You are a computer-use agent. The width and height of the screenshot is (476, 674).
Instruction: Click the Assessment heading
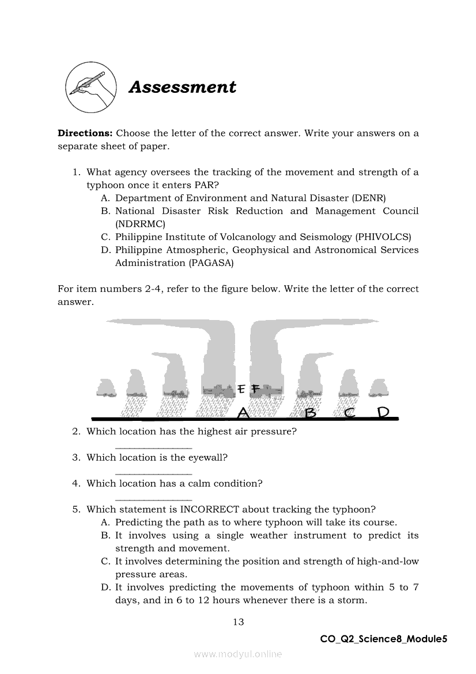[x=182, y=87]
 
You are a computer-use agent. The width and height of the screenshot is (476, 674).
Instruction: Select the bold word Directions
[x=85, y=133]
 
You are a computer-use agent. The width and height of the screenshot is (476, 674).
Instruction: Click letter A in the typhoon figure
[x=243, y=412]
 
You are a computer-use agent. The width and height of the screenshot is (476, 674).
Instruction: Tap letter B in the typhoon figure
[x=311, y=412]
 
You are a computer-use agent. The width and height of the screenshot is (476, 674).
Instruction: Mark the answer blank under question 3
[x=153, y=473]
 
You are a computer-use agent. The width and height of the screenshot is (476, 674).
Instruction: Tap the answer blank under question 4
[x=153, y=499]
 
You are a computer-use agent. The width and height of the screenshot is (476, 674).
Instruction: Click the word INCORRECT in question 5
[x=210, y=510]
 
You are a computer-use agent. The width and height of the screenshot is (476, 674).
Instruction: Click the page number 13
[x=238, y=622]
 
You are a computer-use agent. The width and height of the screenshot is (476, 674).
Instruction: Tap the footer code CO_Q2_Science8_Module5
[x=384, y=639]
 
